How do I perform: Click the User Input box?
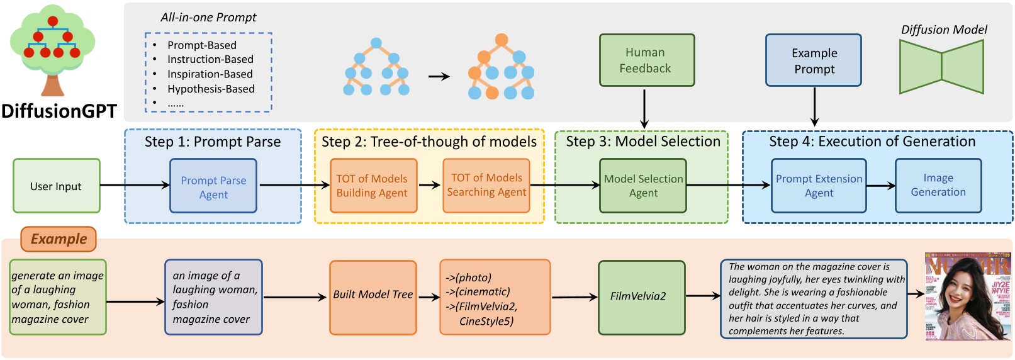click(x=57, y=186)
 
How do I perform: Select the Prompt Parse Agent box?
click(x=213, y=186)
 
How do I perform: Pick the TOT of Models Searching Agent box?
click(x=486, y=185)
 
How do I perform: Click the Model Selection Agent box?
click(x=642, y=186)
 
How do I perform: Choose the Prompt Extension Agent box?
click(x=819, y=186)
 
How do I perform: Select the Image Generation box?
click(x=938, y=185)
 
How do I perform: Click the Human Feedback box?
click(x=646, y=60)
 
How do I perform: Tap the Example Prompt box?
click(x=814, y=60)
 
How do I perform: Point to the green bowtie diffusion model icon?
click(x=941, y=67)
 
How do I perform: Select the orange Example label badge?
click(x=59, y=239)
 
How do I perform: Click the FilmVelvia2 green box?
click(x=641, y=297)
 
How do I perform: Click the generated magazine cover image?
click(x=967, y=296)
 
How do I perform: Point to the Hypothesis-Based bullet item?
click(x=210, y=89)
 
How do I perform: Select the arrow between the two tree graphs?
click(x=439, y=76)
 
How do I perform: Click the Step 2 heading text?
click(x=429, y=142)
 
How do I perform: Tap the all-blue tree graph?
click(x=376, y=67)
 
